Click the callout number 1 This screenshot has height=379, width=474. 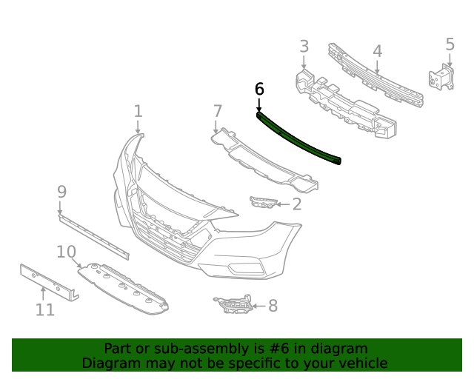(x=138, y=111)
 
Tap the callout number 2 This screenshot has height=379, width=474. (x=296, y=204)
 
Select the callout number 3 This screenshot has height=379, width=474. (x=304, y=47)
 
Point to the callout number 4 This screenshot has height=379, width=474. (x=377, y=51)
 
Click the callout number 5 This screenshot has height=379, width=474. (x=450, y=44)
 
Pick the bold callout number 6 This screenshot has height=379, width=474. (x=258, y=89)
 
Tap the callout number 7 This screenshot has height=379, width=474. (x=217, y=111)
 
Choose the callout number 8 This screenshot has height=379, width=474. (x=273, y=305)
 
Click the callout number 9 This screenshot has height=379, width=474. (x=61, y=192)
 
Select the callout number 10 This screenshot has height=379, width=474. (x=67, y=252)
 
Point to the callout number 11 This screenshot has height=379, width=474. (x=45, y=309)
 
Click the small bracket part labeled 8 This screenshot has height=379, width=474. (x=233, y=305)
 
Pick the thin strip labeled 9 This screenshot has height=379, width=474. (x=94, y=235)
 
